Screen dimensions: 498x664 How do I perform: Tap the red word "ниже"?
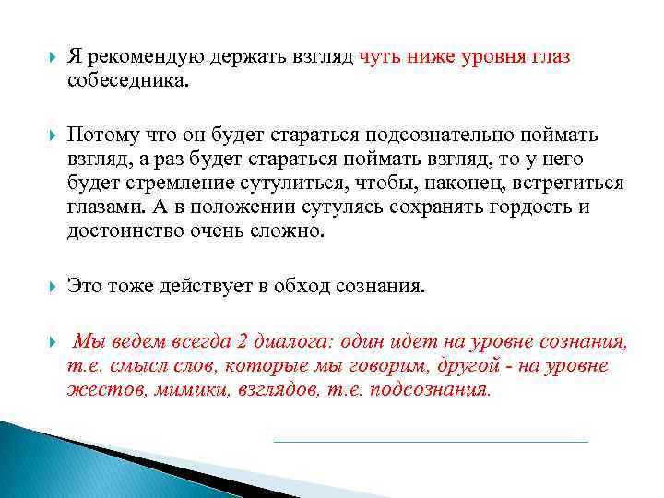(422, 57)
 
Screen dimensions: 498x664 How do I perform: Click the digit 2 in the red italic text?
(242, 343)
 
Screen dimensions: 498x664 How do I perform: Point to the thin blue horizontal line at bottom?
(431, 442)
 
